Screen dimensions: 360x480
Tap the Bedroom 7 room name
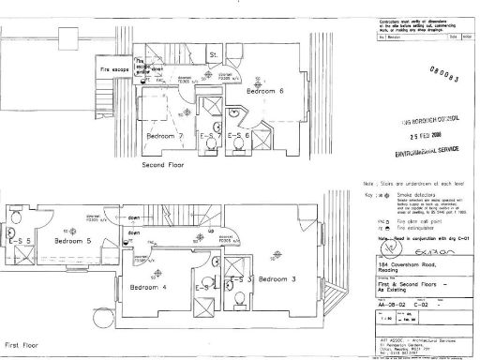pyautogui.click(x=165, y=136)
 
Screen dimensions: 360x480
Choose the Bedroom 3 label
pyautogui.click(x=278, y=279)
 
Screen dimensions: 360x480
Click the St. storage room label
pyautogui.click(x=213, y=54)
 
